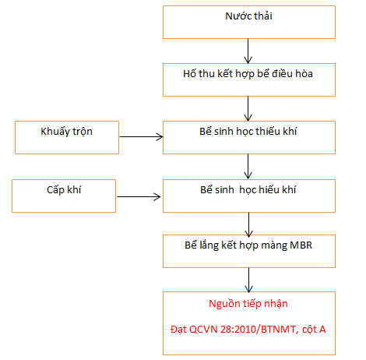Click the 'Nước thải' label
click(248, 16)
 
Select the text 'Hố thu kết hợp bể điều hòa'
click(248, 74)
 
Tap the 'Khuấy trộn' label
click(66, 132)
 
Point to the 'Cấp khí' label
click(64, 190)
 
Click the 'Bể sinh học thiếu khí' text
click(248, 132)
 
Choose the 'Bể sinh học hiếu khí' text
click(248, 190)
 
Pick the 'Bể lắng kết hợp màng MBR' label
click(248, 245)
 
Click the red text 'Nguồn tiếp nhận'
click(248, 304)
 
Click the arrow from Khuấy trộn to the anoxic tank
click(141, 136)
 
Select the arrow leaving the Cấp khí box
click(139, 196)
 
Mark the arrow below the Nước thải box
click(248, 51)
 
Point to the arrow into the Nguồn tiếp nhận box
click(248, 280)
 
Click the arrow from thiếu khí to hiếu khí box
click(248, 167)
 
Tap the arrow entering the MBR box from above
click(248, 224)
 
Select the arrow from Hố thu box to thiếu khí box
click(248, 109)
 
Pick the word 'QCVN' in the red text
click(203, 330)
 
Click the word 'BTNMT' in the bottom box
click(278, 330)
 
